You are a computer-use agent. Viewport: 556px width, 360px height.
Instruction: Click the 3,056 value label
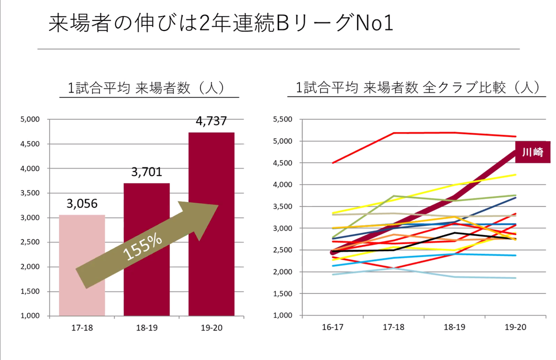(x=82, y=203)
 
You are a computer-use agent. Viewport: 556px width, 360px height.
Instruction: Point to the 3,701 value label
(x=146, y=172)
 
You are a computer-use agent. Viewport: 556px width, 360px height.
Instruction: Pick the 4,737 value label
(x=211, y=121)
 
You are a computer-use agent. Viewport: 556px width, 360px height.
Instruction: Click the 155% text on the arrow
(x=143, y=247)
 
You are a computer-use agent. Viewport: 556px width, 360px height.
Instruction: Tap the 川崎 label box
(x=532, y=152)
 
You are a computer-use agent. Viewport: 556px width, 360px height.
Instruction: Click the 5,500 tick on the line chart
(x=283, y=119)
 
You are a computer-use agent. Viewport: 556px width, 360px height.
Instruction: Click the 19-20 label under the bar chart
(x=211, y=328)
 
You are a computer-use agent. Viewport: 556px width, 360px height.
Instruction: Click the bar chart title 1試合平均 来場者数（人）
(x=146, y=88)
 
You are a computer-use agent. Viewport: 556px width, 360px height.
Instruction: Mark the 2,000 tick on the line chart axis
(x=283, y=272)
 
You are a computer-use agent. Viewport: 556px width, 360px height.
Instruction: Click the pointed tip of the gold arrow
(x=218, y=205)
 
